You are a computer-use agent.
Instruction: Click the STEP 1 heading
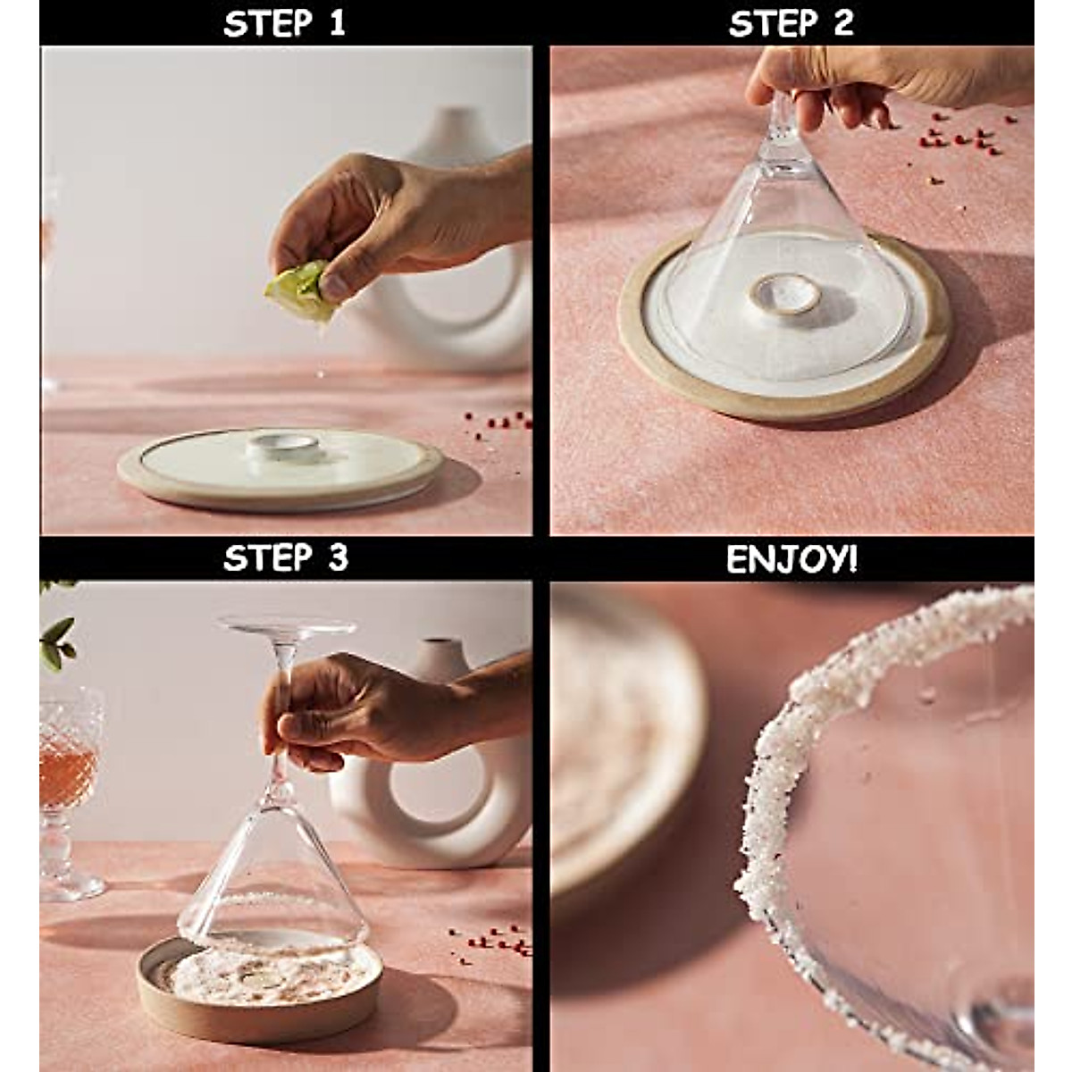point(284,23)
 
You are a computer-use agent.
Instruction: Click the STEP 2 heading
point(791,23)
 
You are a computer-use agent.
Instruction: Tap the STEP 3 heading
point(284,558)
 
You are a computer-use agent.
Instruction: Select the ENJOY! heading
point(791,559)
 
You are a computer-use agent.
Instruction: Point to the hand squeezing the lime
point(393,219)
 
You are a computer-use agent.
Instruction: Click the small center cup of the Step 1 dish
point(282,445)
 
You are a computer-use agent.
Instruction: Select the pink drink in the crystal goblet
point(66,777)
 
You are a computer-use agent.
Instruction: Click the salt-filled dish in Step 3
point(259,983)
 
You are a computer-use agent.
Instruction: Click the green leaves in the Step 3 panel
point(55,639)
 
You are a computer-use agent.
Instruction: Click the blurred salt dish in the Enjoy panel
point(616,741)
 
